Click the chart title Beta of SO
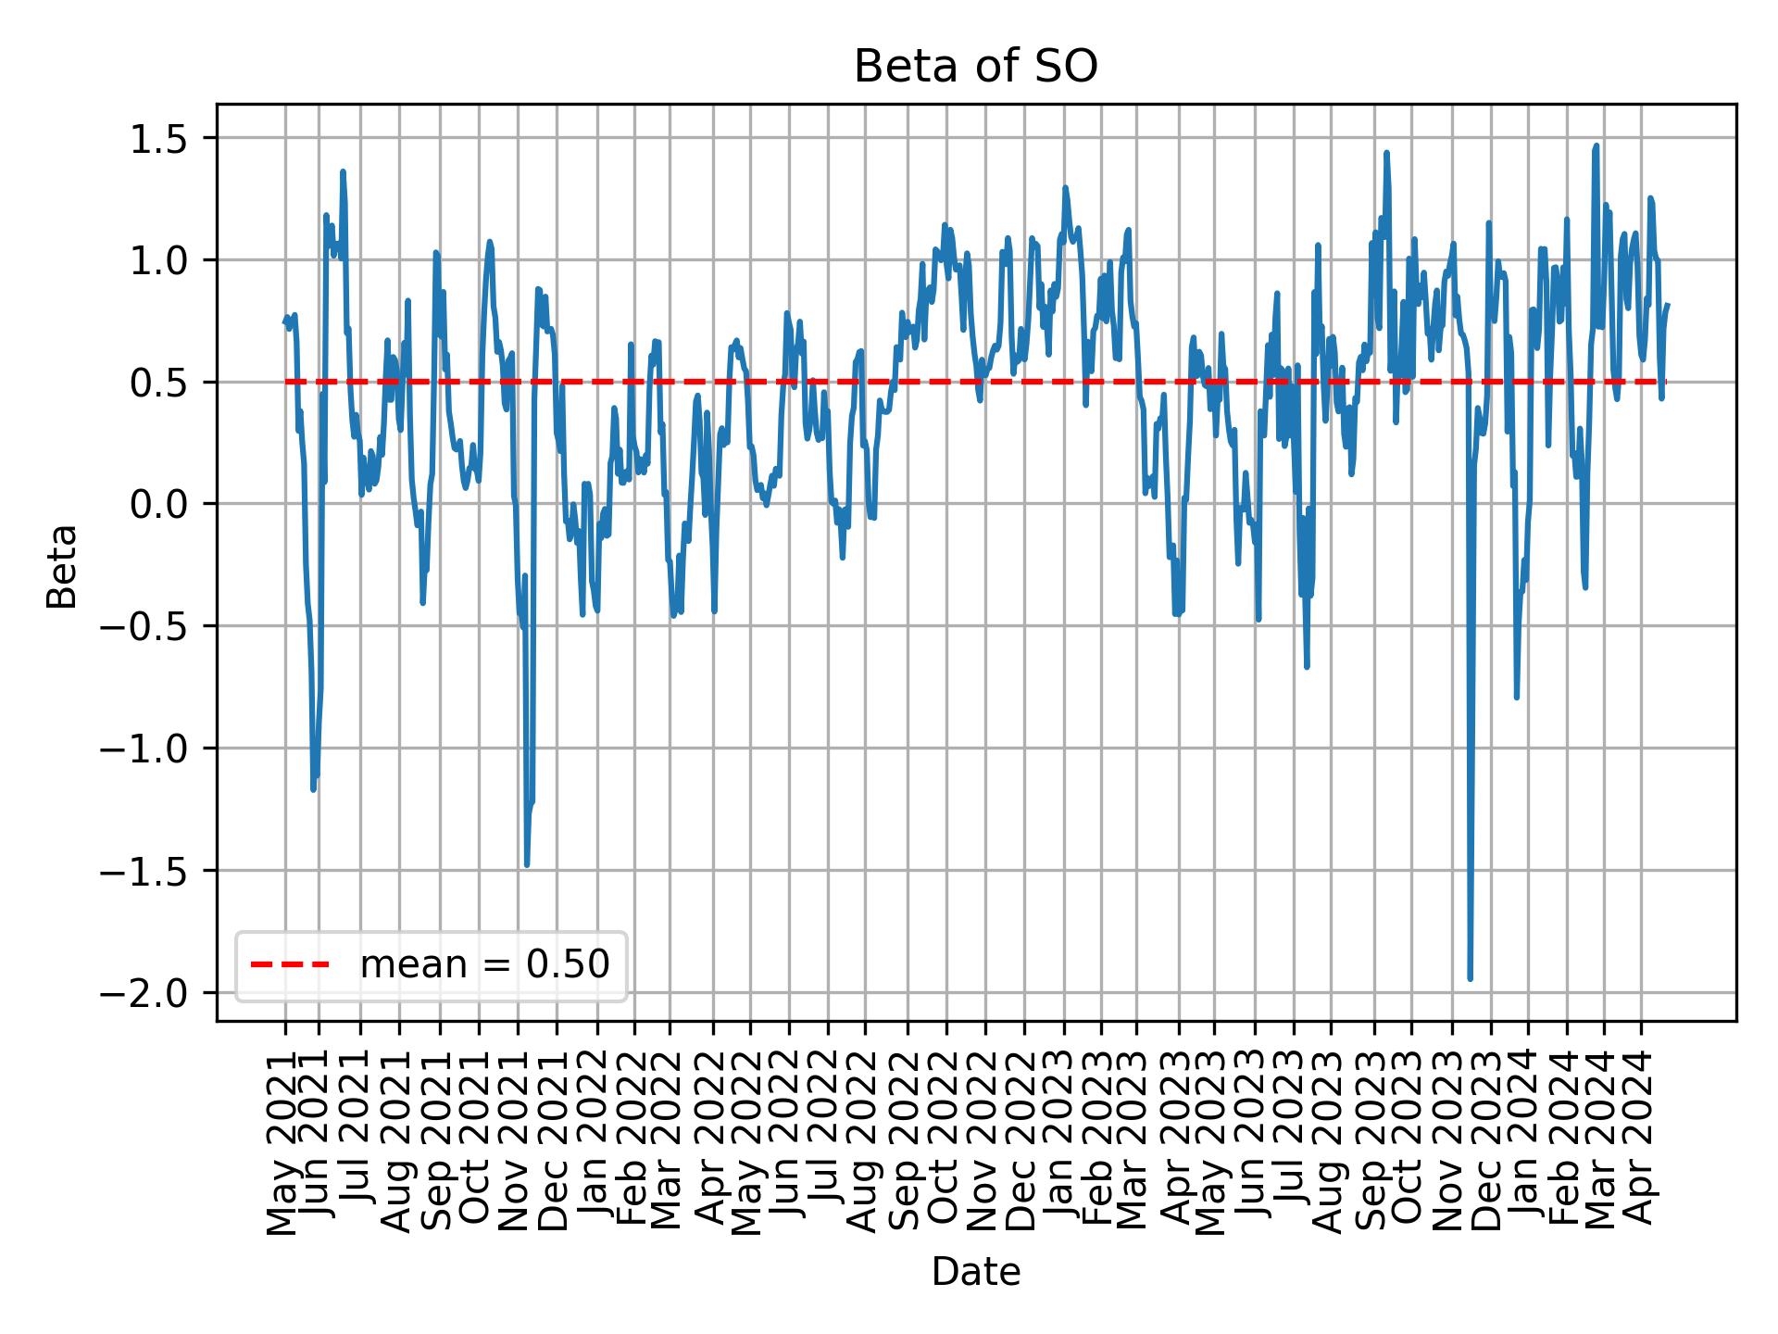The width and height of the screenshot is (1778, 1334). [975, 68]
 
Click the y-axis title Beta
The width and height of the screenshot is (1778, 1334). [62, 566]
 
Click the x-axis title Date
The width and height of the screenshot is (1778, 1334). [975, 1273]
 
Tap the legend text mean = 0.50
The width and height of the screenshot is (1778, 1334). [484, 965]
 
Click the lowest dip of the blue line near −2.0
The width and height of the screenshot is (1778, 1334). [1470, 978]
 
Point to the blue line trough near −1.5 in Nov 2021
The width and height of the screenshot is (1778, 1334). [526, 864]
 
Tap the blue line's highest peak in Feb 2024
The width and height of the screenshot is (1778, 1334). [1596, 145]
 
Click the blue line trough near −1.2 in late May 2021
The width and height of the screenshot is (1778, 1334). [313, 789]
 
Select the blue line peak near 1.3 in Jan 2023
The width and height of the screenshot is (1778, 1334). [1065, 188]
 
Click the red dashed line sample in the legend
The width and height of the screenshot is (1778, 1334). [290, 965]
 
